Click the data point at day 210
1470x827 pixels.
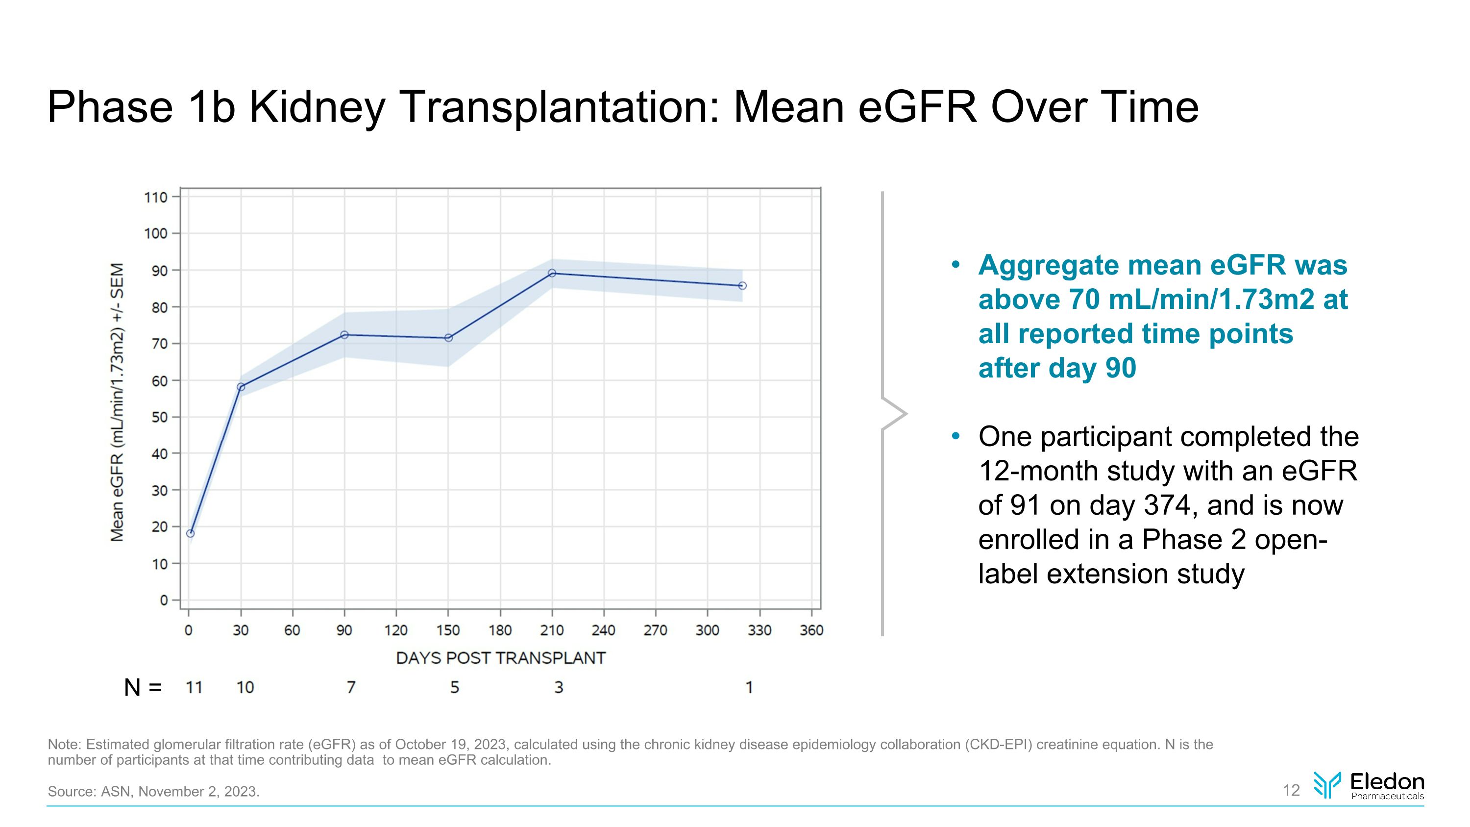[552, 274]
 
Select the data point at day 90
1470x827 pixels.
[344, 335]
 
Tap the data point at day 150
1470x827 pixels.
[448, 338]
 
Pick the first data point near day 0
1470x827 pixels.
[191, 534]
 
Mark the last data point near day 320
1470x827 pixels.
[742, 286]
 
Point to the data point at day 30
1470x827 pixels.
[241, 387]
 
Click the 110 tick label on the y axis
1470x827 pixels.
[155, 198]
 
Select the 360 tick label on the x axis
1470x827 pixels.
[811, 630]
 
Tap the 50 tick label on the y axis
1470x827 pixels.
[159, 418]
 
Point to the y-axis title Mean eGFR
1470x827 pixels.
[117, 402]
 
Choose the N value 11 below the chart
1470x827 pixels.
[194, 688]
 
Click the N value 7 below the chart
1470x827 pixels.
[351, 688]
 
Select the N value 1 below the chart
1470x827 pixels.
[749, 688]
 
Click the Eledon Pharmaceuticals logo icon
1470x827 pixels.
[1327, 785]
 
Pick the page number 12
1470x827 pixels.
[1291, 790]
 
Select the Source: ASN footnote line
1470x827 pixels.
[153, 792]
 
